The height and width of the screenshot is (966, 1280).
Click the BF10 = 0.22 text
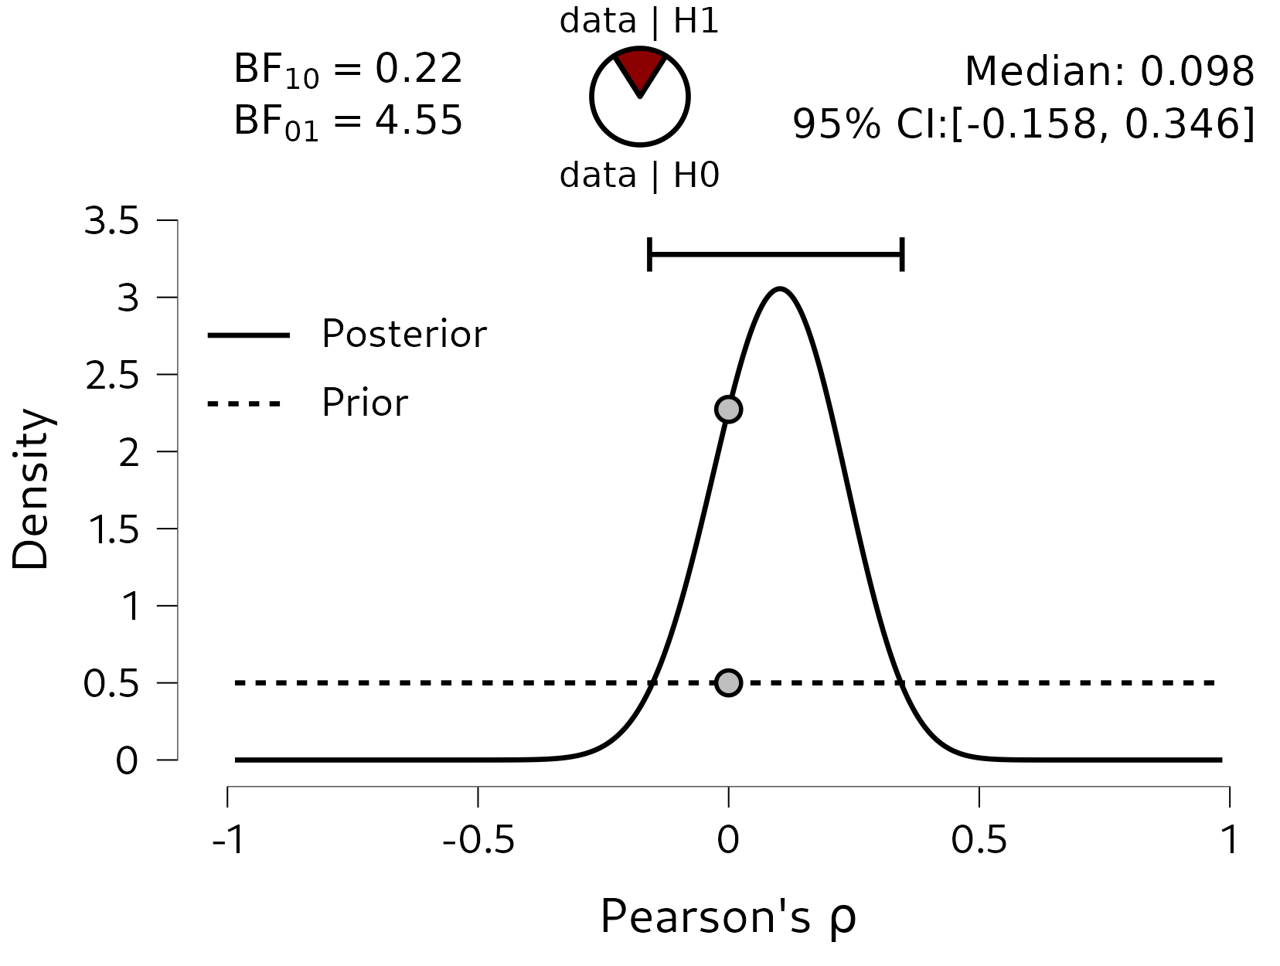(x=348, y=70)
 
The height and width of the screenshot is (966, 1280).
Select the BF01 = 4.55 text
(x=348, y=122)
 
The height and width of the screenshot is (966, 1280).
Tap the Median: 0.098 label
(x=1109, y=72)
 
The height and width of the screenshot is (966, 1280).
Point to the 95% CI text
(x=1023, y=124)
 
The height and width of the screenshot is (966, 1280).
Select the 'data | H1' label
(x=639, y=22)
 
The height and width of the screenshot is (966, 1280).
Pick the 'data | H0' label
(x=639, y=176)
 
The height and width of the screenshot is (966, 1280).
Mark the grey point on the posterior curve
(x=728, y=409)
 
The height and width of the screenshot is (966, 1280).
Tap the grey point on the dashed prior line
(x=728, y=682)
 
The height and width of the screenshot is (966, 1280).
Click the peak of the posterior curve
(x=781, y=290)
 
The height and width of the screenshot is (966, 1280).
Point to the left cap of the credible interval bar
(x=649, y=254)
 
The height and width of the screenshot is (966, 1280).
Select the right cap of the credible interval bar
(x=902, y=254)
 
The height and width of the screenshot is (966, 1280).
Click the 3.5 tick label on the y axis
(x=112, y=222)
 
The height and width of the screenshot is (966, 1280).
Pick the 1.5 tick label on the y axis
(x=114, y=530)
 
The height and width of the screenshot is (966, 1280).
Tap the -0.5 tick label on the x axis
(x=478, y=840)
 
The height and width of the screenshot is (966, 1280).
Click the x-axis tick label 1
(x=1229, y=840)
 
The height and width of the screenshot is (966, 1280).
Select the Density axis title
(x=31, y=489)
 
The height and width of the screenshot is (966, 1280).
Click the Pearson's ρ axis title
(x=728, y=918)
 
